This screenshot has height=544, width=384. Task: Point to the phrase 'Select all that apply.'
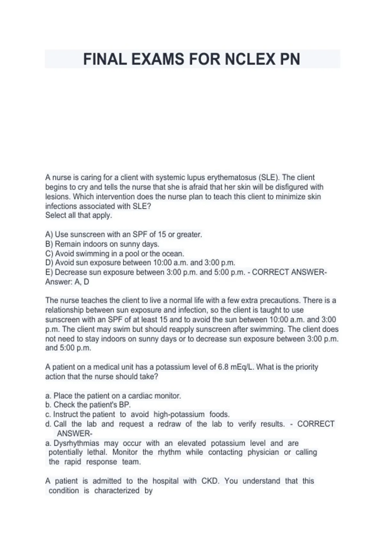tap(79, 215)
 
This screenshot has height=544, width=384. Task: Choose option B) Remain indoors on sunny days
tap(102, 244)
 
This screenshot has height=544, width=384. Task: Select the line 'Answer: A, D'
tap(67, 282)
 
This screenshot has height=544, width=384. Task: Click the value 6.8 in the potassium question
tap(223, 367)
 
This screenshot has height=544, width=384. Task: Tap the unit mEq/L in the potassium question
tap(242, 367)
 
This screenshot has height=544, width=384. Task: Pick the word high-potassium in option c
tap(179, 414)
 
